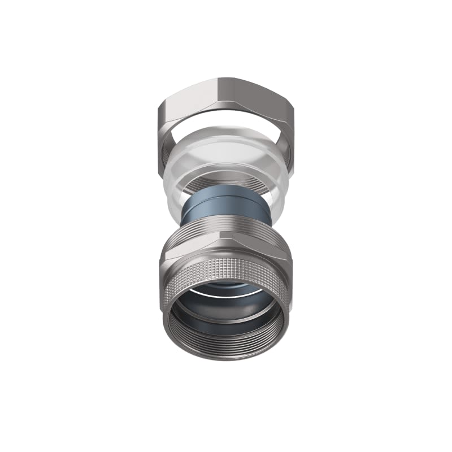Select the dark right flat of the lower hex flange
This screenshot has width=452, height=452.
tap(266, 249)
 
